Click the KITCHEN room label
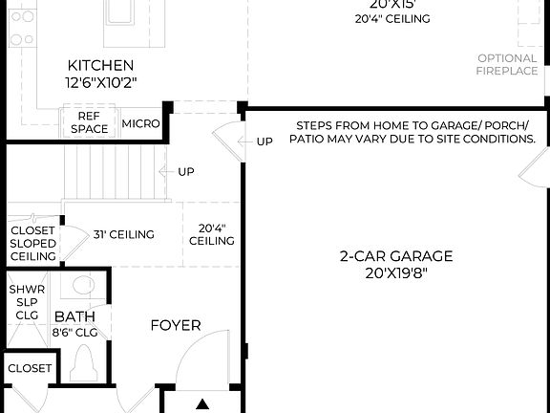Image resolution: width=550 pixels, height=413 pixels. [100, 65]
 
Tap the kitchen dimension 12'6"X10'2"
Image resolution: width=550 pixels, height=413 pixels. [100, 82]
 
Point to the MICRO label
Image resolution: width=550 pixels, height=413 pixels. [140, 124]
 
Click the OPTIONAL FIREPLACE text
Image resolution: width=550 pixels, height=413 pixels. [507, 64]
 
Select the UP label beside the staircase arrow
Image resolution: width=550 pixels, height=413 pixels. [187, 172]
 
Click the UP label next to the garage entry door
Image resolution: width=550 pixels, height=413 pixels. [264, 141]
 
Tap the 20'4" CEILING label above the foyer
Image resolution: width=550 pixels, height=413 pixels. [212, 234]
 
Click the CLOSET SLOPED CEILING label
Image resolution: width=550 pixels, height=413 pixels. [32, 243]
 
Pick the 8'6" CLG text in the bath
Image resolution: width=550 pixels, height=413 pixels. [74, 333]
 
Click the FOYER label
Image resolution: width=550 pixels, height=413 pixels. [176, 325]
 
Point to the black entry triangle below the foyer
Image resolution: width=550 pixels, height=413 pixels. [202, 405]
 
